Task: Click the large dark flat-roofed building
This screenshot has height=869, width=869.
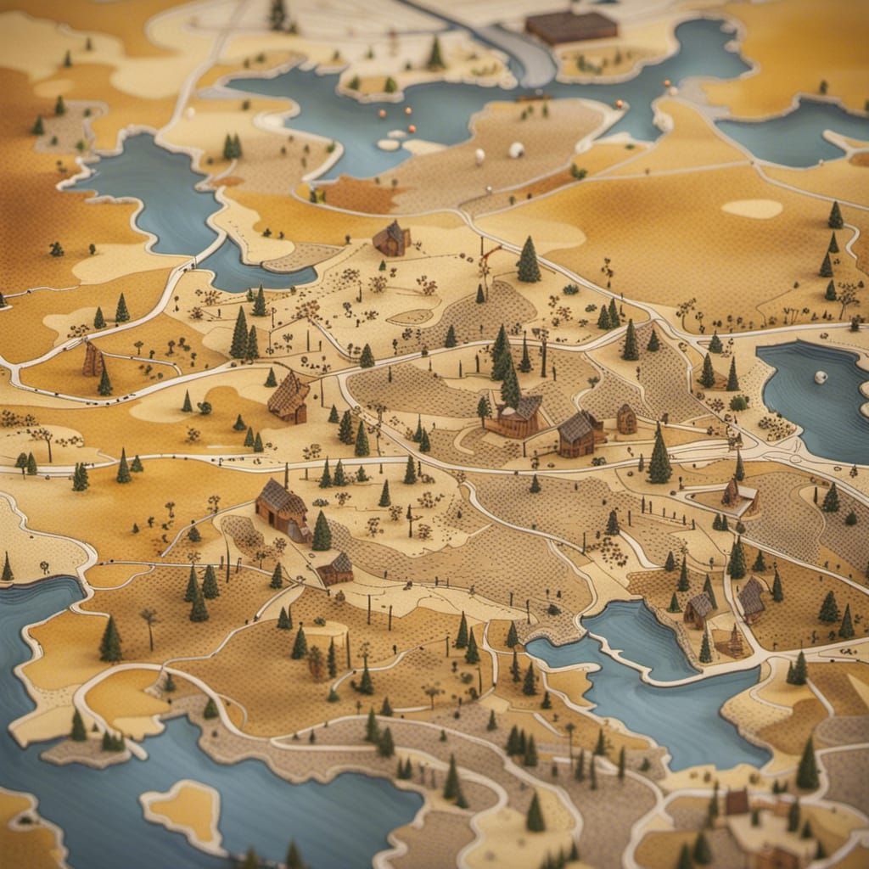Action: click(571, 27)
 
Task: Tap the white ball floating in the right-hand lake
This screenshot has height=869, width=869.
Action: click(821, 377)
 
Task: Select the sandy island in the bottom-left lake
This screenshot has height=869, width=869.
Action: click(187, 810)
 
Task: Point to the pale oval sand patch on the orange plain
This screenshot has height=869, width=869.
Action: click(752, 208)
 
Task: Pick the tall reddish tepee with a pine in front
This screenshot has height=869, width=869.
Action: click(93, 360)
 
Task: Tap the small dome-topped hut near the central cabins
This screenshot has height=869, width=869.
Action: click(626, 418)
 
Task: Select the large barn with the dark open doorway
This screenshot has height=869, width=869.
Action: click(282, 508)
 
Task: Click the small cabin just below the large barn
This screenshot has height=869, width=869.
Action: click(336, 569)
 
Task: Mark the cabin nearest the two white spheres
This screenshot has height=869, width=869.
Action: click(391, 238)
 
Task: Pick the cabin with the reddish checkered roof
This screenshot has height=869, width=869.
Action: click(289, 397)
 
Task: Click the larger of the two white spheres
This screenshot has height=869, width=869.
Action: click(516, 150)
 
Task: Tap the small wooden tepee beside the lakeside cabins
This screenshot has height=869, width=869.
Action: click(734, 641)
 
